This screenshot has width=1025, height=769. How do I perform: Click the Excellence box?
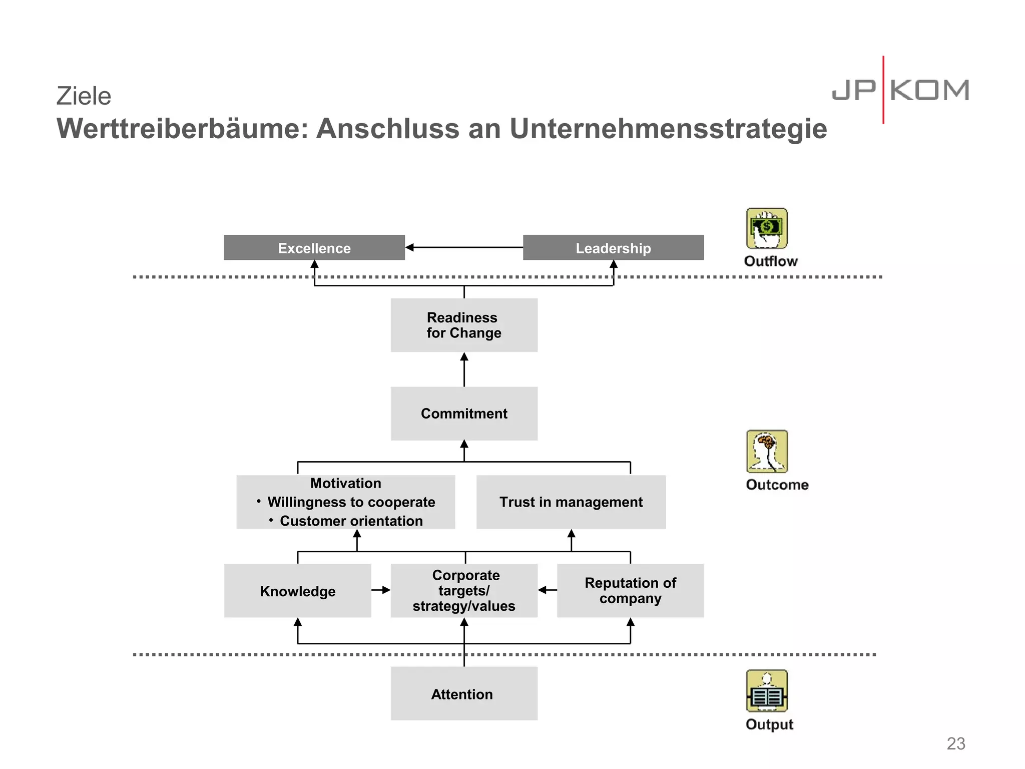coord(314,248)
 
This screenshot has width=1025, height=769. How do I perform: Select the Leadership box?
coord(613,248)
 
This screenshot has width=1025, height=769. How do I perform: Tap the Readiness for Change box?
coord(464,325)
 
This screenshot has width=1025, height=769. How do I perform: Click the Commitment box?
coord(464,414)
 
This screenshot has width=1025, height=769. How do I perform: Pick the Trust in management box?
coord(571,502)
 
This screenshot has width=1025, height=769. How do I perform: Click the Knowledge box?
coord(297,591)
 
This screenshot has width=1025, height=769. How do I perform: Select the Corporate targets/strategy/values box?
coord(464,591)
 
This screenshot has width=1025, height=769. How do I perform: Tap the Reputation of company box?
coord(630,591)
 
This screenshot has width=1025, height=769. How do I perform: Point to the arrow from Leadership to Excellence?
coord(464,247)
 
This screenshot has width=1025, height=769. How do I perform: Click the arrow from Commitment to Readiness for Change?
coord(464,369)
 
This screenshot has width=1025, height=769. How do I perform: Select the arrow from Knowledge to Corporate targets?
coord(381,590)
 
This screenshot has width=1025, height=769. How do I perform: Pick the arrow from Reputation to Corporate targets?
coord(547,590)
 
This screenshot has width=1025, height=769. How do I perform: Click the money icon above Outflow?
coord(767,229)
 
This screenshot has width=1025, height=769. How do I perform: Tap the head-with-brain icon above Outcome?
coord(767,452)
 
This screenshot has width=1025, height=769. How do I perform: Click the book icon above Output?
coord(767,691)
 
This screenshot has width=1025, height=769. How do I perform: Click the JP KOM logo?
coord(900,91)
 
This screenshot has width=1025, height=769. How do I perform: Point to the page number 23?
coord(955,743)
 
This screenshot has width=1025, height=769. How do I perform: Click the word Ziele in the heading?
coord(84,96)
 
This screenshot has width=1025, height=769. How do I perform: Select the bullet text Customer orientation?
coord(351,521)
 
